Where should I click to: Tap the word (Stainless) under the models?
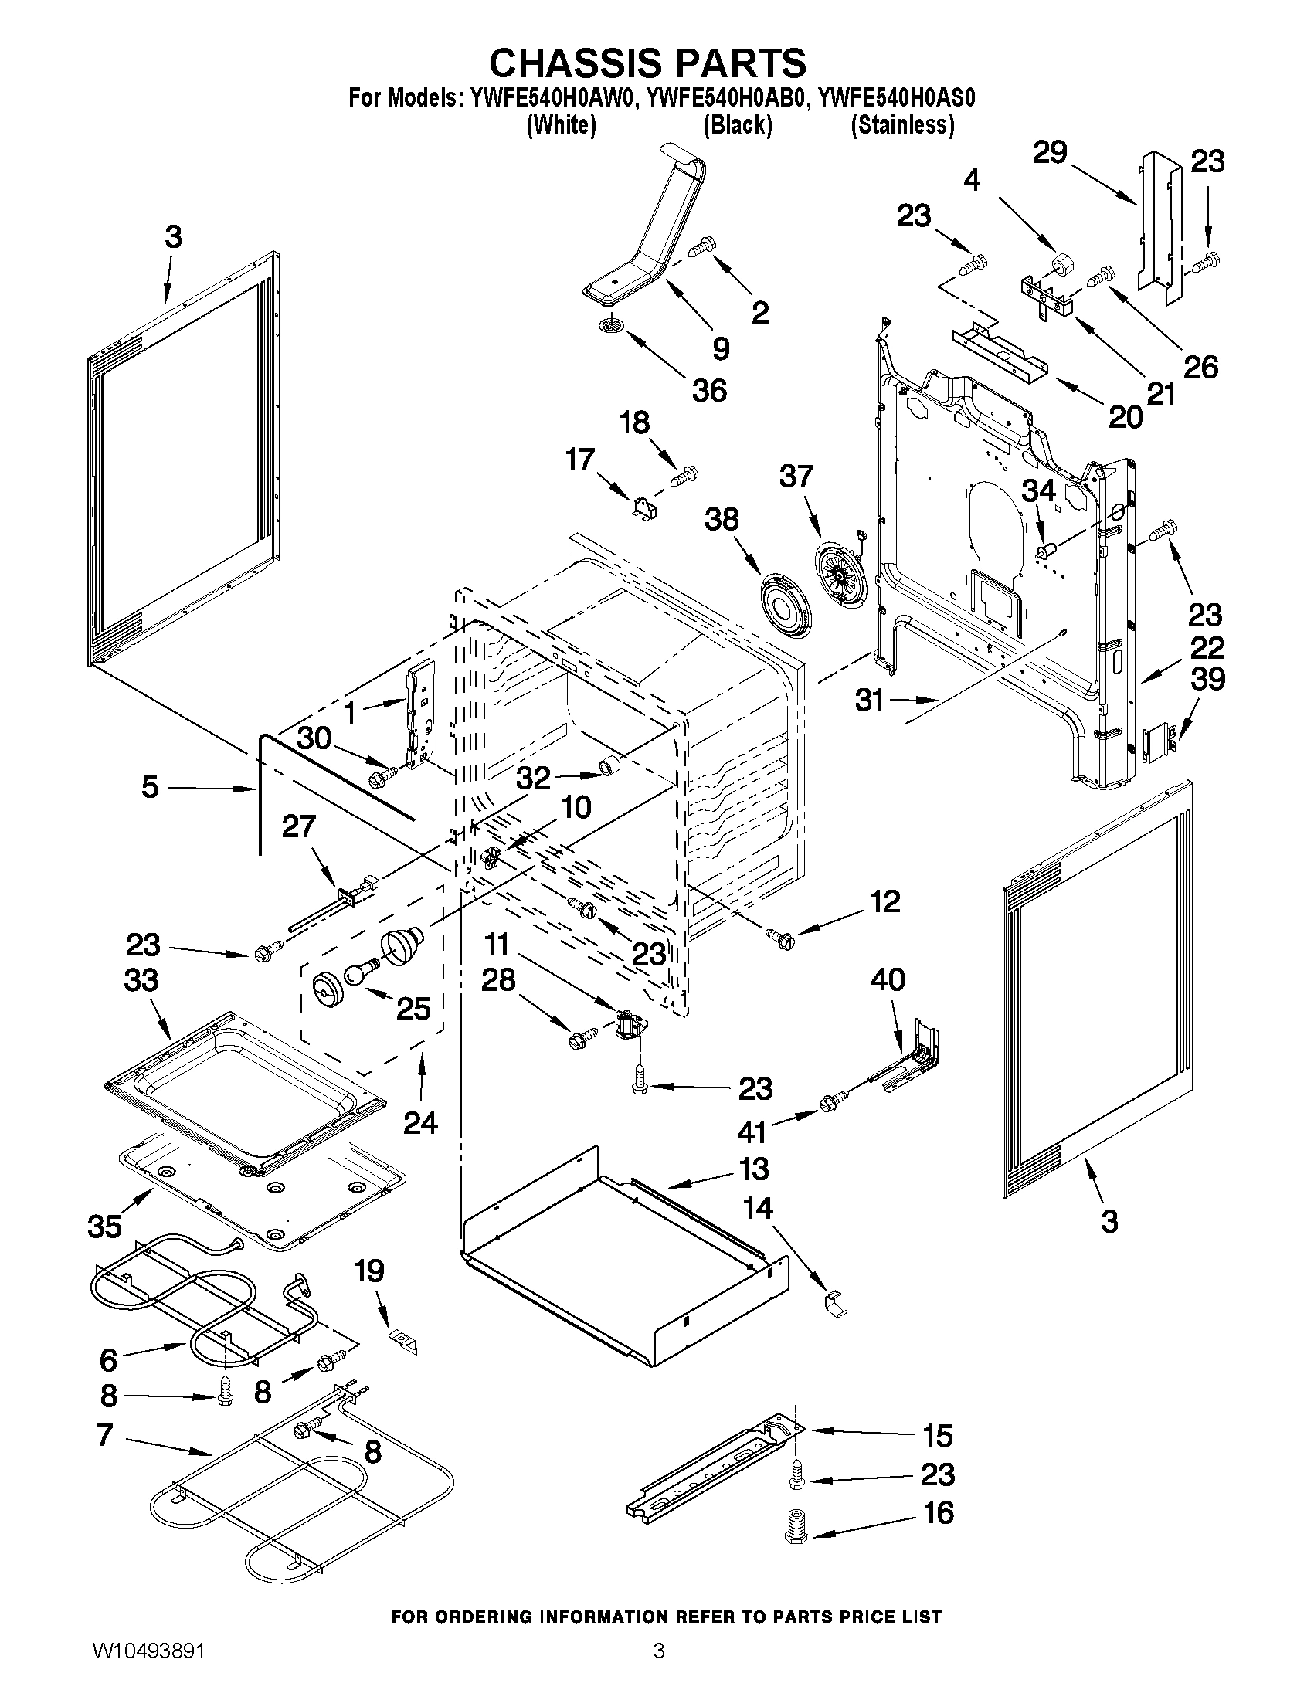[902, 124]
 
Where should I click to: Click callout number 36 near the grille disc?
[709, 390]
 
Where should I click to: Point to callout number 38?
[721, 519]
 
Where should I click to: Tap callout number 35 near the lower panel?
[104, 1227]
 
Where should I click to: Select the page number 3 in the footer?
[659, 1670]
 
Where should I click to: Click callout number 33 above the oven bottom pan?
[141, 981]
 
